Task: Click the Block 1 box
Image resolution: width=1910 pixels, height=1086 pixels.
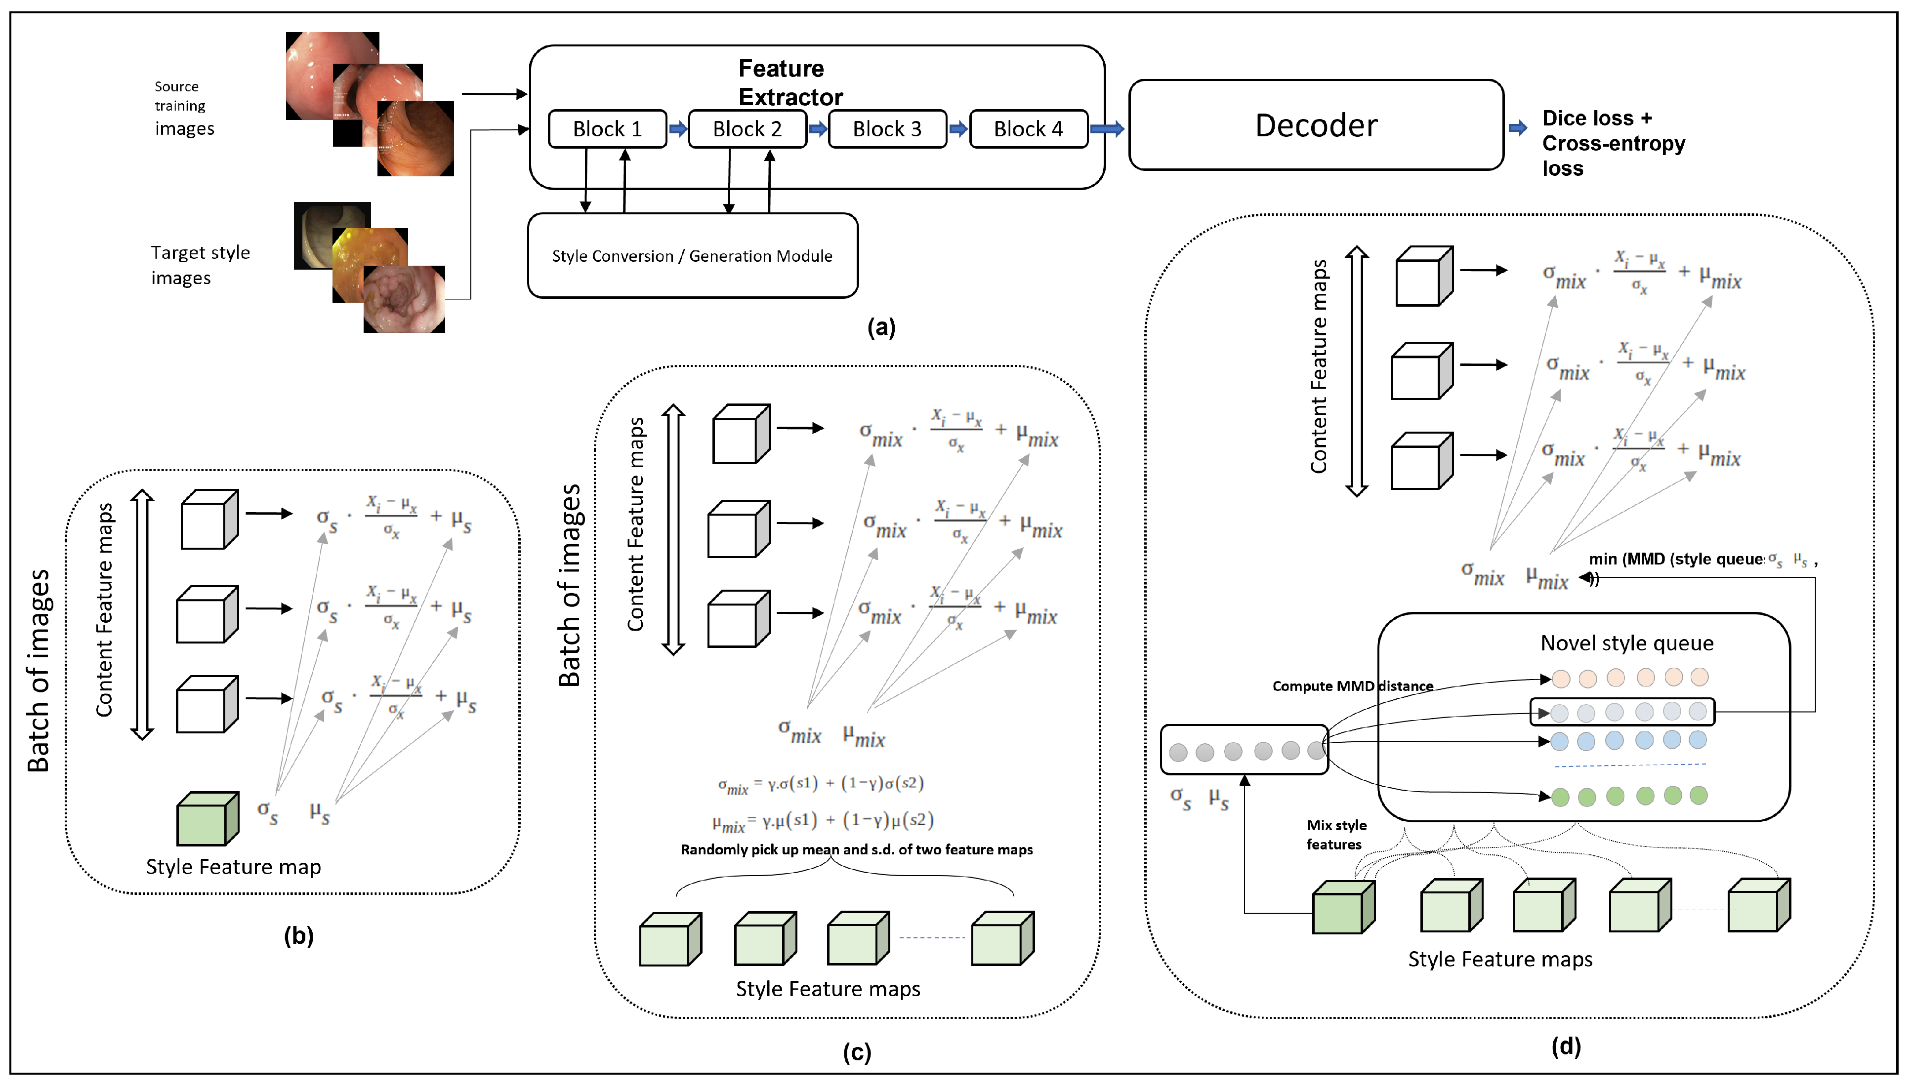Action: [x=607, y=129]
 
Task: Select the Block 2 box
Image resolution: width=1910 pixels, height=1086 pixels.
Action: [x=747, y=129]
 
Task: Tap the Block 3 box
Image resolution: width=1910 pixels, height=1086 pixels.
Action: [x=887, y=129]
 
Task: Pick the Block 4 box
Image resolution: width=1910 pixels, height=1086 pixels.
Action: [x=1028, y=129]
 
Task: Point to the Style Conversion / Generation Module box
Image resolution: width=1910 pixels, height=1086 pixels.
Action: [x=692, y=256]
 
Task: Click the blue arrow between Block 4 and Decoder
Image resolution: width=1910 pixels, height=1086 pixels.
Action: [x=1107, y=129]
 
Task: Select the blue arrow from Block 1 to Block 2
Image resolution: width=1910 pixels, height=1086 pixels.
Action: [x=677, y=129]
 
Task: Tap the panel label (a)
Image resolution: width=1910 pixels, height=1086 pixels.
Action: [x=881, y=327]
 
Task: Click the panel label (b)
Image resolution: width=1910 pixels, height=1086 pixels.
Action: [x=298, y=935]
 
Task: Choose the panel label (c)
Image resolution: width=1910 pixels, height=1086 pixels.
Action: [x=857, y=1052]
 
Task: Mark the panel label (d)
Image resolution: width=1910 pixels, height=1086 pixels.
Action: [x=1566, y=1046]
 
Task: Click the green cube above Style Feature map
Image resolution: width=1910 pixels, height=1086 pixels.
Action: [x=207, y=819]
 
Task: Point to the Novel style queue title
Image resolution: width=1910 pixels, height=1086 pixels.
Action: [x=1626, y=643]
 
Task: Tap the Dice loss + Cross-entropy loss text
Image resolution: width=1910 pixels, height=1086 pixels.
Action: [x=1613, y=143]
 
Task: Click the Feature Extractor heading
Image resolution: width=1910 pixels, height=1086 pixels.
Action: [x=789, y=83]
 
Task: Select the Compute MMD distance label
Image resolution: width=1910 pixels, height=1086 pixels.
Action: [x=1352, y=686]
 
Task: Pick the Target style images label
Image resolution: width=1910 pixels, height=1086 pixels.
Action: [x=200, y=265]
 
